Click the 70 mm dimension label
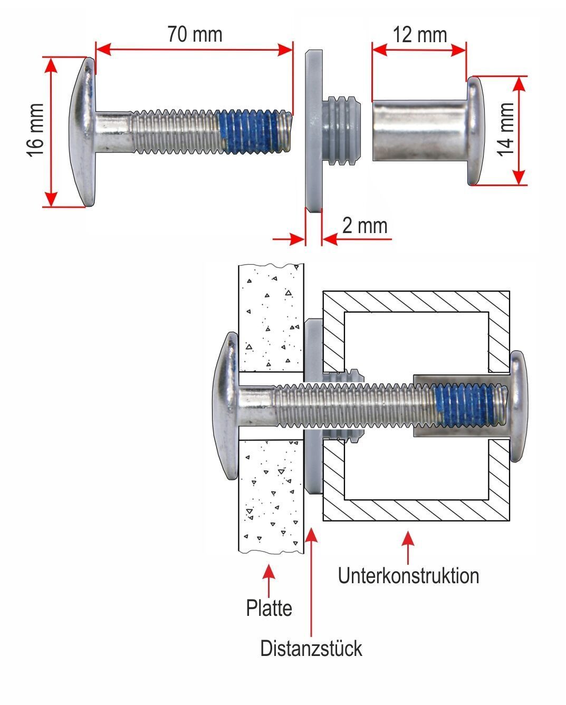coord(195,34)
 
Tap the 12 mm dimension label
coord(420,35)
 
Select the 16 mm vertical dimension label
coord(35,130)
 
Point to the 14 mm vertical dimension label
coord(505,129)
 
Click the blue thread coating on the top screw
coord(250,132)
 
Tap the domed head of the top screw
coord(82,132)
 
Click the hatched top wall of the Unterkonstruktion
coord(416,302)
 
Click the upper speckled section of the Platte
coord(271,318)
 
